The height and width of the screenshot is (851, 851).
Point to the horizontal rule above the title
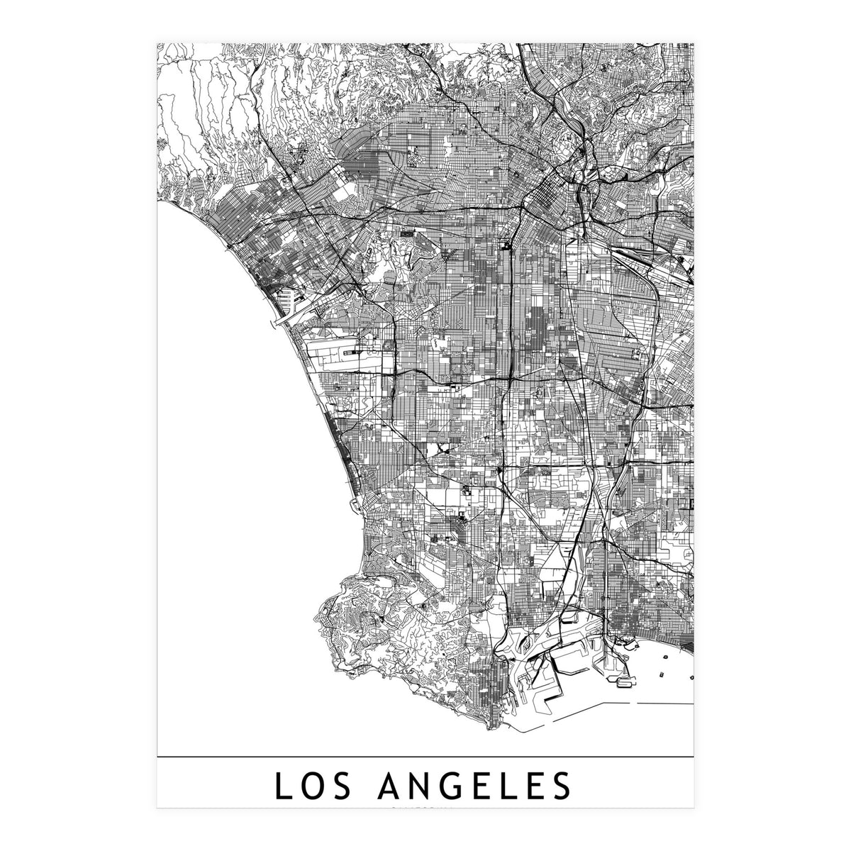tap(425, 757)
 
